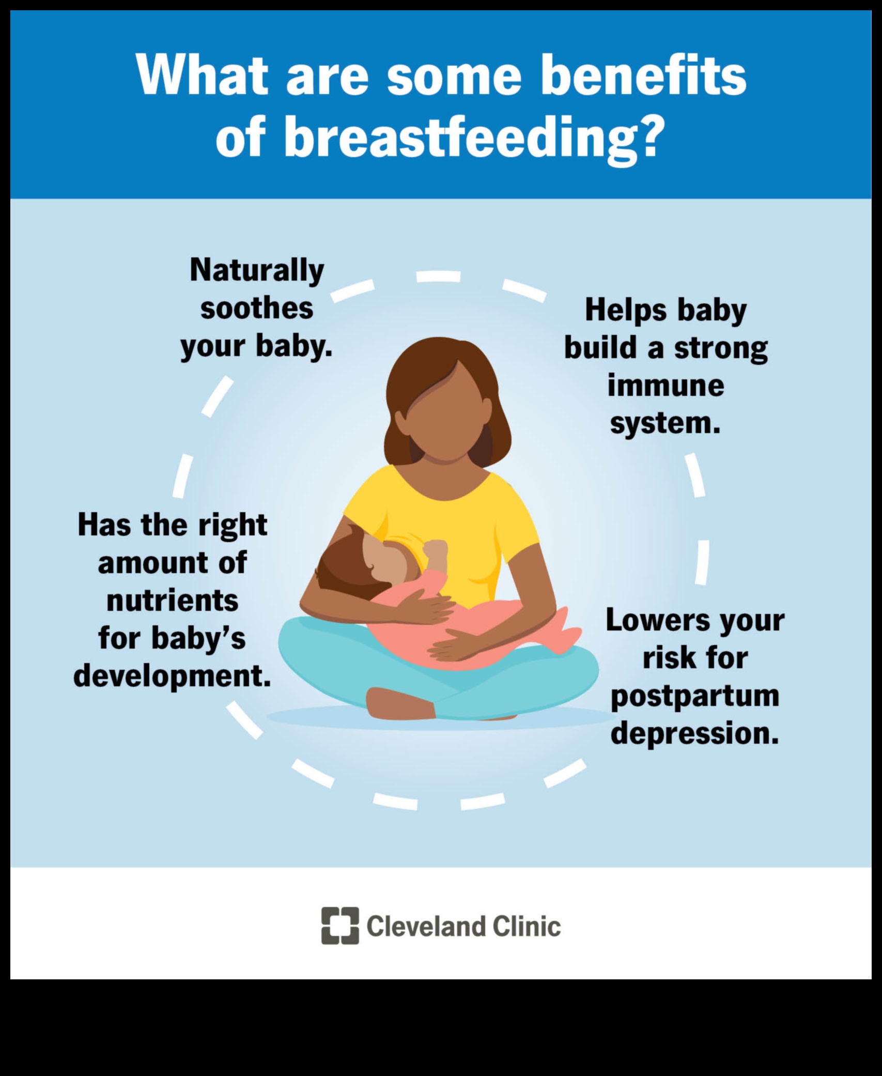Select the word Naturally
click(x=257, y=270)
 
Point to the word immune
click(x=666, y=386)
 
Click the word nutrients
click(x=173, y=601)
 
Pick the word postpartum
click(x=694, y=696)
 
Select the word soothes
click(x=257, y=308)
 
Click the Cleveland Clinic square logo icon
click(x=339, y=925)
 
